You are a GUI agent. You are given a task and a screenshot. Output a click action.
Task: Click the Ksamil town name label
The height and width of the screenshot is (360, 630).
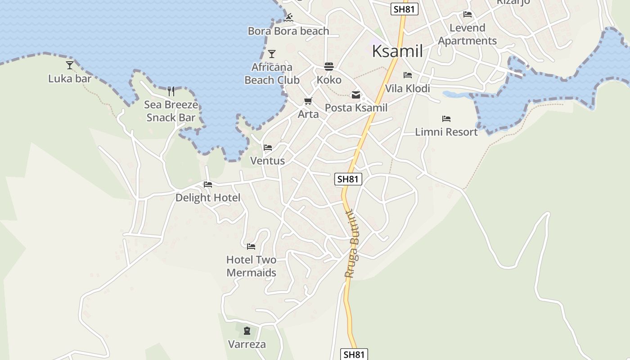(397, 51)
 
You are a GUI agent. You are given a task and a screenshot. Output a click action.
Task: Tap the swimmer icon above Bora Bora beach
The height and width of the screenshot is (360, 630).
(289, 18)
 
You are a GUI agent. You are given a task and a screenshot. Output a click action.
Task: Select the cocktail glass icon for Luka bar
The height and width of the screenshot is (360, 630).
(70, 65)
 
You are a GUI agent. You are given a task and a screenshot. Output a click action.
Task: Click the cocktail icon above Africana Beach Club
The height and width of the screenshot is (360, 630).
(272, 54)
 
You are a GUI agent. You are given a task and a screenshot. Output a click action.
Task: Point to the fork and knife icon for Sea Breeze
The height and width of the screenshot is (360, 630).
(171, 91)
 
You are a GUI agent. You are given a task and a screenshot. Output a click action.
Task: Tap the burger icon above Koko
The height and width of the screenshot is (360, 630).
(329, 67)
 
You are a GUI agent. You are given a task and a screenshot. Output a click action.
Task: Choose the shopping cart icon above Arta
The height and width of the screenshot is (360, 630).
(308, 101)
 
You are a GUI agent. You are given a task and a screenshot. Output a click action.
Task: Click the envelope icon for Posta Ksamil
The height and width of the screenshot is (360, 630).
(356, 95)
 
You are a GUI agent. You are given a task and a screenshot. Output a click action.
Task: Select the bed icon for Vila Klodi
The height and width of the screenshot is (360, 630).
(408, 75)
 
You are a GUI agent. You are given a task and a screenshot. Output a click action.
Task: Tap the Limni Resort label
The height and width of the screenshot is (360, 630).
(446, 132)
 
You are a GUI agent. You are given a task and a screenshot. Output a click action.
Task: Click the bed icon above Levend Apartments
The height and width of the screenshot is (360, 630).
(468, 14)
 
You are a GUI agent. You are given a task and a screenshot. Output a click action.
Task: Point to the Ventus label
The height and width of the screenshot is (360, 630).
(267, 161)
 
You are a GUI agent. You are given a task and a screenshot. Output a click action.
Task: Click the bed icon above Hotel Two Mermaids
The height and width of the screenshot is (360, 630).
(251, 247)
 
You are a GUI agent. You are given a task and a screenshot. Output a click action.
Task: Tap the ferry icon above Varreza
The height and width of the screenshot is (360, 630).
(247, 331)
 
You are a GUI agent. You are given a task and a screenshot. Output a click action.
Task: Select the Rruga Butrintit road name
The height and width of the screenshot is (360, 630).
(352, 244)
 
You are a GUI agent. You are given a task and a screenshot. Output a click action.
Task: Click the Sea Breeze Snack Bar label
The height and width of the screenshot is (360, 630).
(171, 111)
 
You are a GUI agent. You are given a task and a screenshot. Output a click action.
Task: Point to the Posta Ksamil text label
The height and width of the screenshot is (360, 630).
(356, 108)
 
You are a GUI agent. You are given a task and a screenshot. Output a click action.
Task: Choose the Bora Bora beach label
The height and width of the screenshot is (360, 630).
(288, 31)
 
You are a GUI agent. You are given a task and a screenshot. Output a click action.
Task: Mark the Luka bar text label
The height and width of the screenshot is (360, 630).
(70, 79)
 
